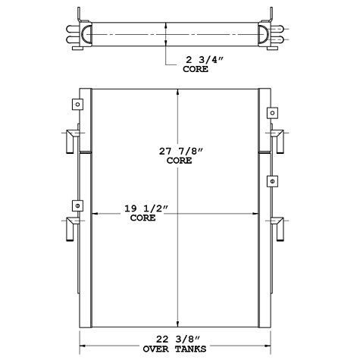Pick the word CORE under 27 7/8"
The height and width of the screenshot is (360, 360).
179,161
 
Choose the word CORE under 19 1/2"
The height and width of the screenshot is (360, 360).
142,218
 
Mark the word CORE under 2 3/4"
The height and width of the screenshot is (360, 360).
200,69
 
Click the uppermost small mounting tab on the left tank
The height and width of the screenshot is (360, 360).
77,105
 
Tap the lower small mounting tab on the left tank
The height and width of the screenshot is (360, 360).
77,205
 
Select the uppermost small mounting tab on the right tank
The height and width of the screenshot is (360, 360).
271,113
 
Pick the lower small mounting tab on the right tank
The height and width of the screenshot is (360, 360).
271,182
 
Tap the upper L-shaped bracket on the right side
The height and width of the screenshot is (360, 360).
278,141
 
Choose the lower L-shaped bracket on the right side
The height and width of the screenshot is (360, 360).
278,227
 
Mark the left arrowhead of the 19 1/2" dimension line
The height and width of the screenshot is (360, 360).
95,213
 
